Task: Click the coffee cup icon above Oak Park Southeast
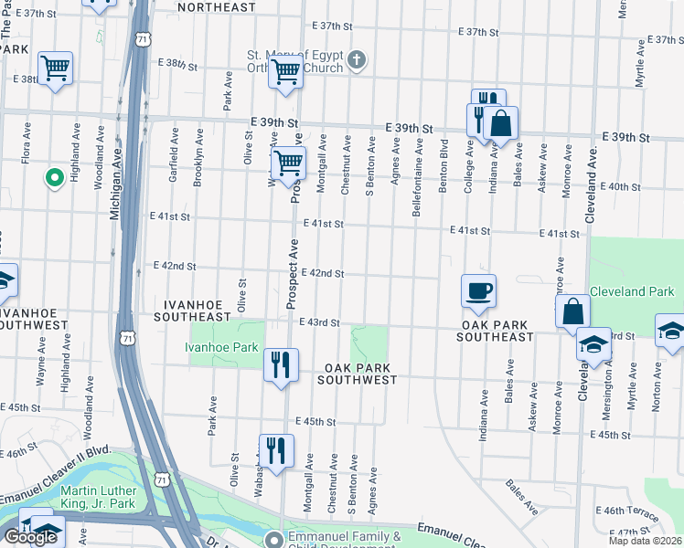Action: [x=478, y=292]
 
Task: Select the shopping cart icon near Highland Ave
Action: [x=56, y=68]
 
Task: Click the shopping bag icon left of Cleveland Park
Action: [x=572, y=311]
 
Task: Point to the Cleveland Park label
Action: [x=631, y=292]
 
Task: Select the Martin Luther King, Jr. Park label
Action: [x=99, y=496]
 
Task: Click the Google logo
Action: [x=30, y=537]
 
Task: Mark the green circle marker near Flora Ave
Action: [x=54, y=177]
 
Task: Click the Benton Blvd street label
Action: [x=444, y=164]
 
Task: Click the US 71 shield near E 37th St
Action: [x=139, y=39]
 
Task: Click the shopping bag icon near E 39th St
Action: [x=501, y=123]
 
